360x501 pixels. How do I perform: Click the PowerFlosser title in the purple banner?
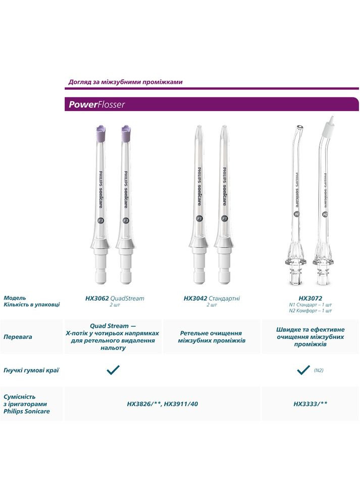click(x=96, y=105)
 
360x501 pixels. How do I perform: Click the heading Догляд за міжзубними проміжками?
click(x=125, y=82)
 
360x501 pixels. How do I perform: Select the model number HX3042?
click(x=193, y=298)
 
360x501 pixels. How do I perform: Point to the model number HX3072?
click(x=310, y=298)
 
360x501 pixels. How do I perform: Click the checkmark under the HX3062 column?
click(x=113, y=370)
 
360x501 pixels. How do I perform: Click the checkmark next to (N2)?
click(x=303, y=370)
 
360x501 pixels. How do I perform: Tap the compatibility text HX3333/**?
click(x=310, y=404)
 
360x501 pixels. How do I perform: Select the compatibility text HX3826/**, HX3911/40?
click(x=162, y=404)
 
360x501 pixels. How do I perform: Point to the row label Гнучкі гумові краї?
click(x=31, y=370)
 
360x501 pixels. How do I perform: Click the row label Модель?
click(x=15, y=298)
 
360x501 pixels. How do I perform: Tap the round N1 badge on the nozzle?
click(x=297, y=214)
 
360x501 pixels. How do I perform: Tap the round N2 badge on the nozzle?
click(x=325, y=214)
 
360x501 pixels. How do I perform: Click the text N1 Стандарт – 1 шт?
click(x=310, y=305)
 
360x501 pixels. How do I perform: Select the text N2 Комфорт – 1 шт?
click(x=310, y=311)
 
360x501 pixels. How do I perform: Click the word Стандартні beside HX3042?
click(x=224, y=298)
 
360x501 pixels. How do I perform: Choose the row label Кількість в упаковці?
click(x=32, y=305)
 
